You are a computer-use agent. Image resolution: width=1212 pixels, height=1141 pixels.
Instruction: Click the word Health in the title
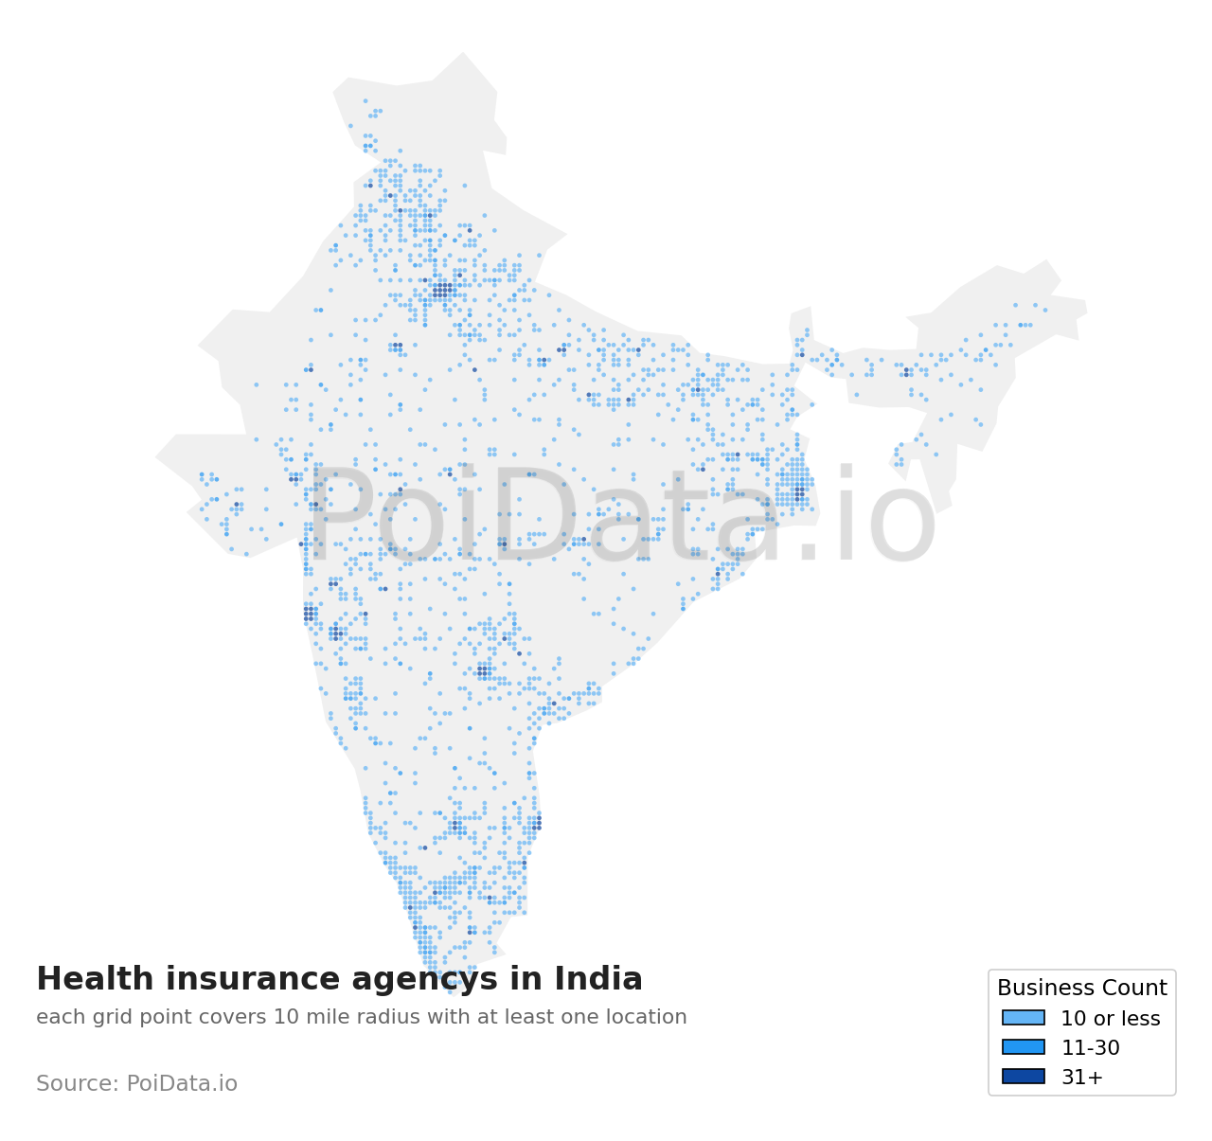[87, 979]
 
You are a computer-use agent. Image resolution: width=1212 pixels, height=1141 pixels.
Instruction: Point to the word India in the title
[598, 979]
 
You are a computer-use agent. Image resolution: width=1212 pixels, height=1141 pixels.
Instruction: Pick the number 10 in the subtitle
[285, 1018]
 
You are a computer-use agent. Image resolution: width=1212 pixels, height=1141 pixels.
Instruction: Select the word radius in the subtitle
[383, 1018]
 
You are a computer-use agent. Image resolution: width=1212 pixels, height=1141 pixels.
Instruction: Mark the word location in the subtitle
[649, 1018]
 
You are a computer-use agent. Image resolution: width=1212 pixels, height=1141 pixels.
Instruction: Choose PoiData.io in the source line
[182, 1084]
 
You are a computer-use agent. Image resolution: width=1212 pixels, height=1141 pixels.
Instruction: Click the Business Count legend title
[1081, 989]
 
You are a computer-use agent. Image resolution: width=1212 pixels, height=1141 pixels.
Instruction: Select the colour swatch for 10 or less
[1024, 1018]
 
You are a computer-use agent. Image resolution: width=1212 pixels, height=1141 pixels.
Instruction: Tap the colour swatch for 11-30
[1024, 1047]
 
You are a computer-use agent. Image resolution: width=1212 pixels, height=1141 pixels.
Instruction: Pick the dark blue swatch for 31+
[1024, 1077]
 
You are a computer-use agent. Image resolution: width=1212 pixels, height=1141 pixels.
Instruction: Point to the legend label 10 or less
[1110, 1019]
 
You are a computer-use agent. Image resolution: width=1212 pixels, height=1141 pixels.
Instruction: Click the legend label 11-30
[1090, 1048]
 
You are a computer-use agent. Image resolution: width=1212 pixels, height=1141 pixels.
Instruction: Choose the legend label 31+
[1081, 1078]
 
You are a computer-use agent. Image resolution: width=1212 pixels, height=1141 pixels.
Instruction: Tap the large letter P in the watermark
[341, 516]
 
